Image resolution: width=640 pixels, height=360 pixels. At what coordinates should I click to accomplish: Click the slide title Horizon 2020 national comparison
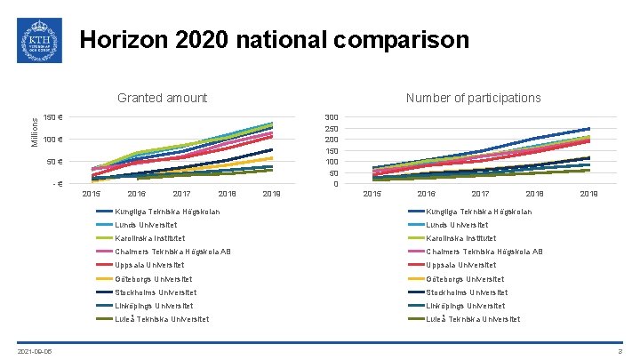(x=274, y=40)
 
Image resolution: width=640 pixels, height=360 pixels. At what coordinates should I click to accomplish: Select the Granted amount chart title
(x=163, y=98)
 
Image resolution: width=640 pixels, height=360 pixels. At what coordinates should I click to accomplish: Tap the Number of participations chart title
(x=473, y=98)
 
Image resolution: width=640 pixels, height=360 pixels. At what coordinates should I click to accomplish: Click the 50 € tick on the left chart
(x=55, y=162)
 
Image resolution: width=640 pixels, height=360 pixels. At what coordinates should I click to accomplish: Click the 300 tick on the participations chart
(x=331, y=117)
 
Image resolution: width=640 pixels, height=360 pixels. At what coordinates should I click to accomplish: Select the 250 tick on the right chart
(x=331, y=129)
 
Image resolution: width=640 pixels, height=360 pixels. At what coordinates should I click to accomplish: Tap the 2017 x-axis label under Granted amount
(x=182, y=194)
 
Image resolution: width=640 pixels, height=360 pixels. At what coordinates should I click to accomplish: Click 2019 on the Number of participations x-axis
(x=588, y=194)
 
